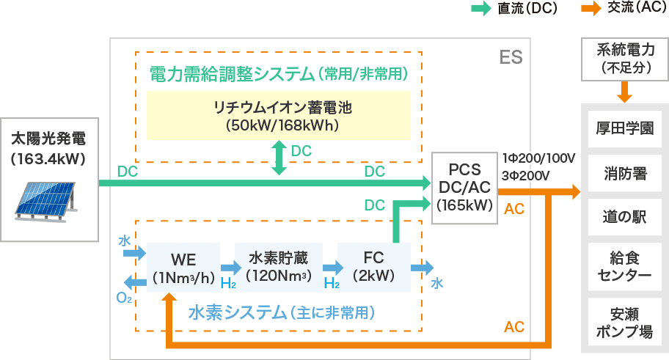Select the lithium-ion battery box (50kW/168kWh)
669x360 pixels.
coord(283,116)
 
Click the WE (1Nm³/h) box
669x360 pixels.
coord(183,268)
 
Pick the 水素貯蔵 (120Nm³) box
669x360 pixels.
coord(278,268)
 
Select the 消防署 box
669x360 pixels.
coord(625,175)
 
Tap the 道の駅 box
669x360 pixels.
coord(625,218)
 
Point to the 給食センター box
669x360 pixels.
coord(625,267)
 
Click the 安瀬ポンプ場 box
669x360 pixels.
coord(625,322)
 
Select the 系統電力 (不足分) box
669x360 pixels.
coord(625,59)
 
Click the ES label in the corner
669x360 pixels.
coord(511,56)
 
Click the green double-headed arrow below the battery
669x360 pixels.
coord(279,158)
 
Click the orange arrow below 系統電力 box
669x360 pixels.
coord(625,92)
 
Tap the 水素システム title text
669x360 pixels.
coord(282,313)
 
